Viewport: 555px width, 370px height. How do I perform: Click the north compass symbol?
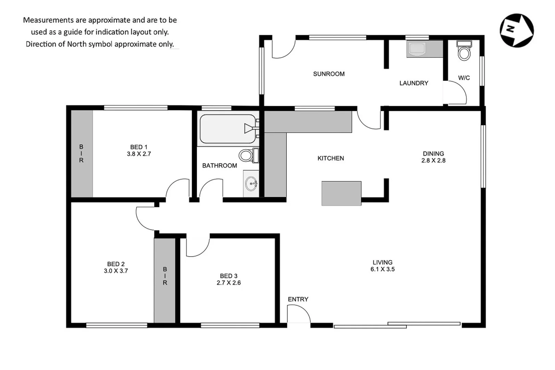coord(516,30)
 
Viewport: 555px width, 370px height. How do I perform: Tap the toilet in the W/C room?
coord(464,52)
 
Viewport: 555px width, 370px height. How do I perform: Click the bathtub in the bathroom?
coord(228,129)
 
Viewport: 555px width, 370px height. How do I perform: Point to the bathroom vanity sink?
coord(251,184)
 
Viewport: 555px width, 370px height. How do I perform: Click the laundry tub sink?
coord(417,49)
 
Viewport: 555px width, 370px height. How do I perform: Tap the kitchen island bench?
coord(341,194)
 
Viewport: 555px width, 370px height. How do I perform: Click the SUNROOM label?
coord(329,74)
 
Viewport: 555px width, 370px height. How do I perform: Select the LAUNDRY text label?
coord(414,83)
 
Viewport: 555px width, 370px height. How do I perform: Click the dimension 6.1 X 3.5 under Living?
coord(382,269)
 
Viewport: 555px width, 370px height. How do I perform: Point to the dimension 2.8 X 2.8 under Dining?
coord(433,160)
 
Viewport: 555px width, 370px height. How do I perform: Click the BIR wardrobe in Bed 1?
coord(82,153)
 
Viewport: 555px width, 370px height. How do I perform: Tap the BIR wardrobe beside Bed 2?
coord(165,280)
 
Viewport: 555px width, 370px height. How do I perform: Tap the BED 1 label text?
coord(138,147)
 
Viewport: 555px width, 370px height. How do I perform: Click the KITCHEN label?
coord(331,158)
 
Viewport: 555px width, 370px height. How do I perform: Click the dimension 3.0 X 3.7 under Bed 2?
coord(116,271)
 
